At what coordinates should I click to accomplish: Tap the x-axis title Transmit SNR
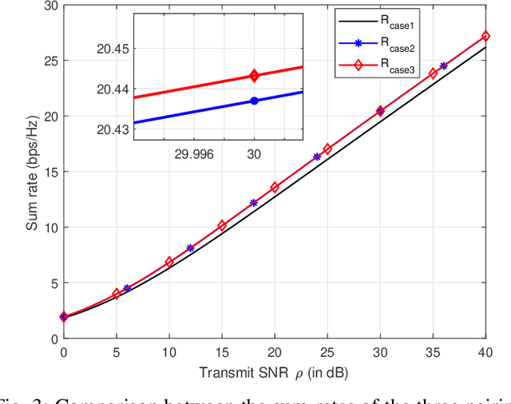coord(274,373)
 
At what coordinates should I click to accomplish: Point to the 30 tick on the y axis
coord(50,6)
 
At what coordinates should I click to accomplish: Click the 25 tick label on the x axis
coord(327,352)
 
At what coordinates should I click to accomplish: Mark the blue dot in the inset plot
coord(254,101)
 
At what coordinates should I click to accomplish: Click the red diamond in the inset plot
coord(254,76)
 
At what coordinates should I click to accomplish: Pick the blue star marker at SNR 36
coord(443,66)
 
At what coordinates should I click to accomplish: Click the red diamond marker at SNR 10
coord(169,262)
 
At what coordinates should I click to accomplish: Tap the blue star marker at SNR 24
coord(317,157)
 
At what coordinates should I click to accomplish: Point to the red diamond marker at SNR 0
coord(64,317)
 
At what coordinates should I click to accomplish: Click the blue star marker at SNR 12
coord(190,248)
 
